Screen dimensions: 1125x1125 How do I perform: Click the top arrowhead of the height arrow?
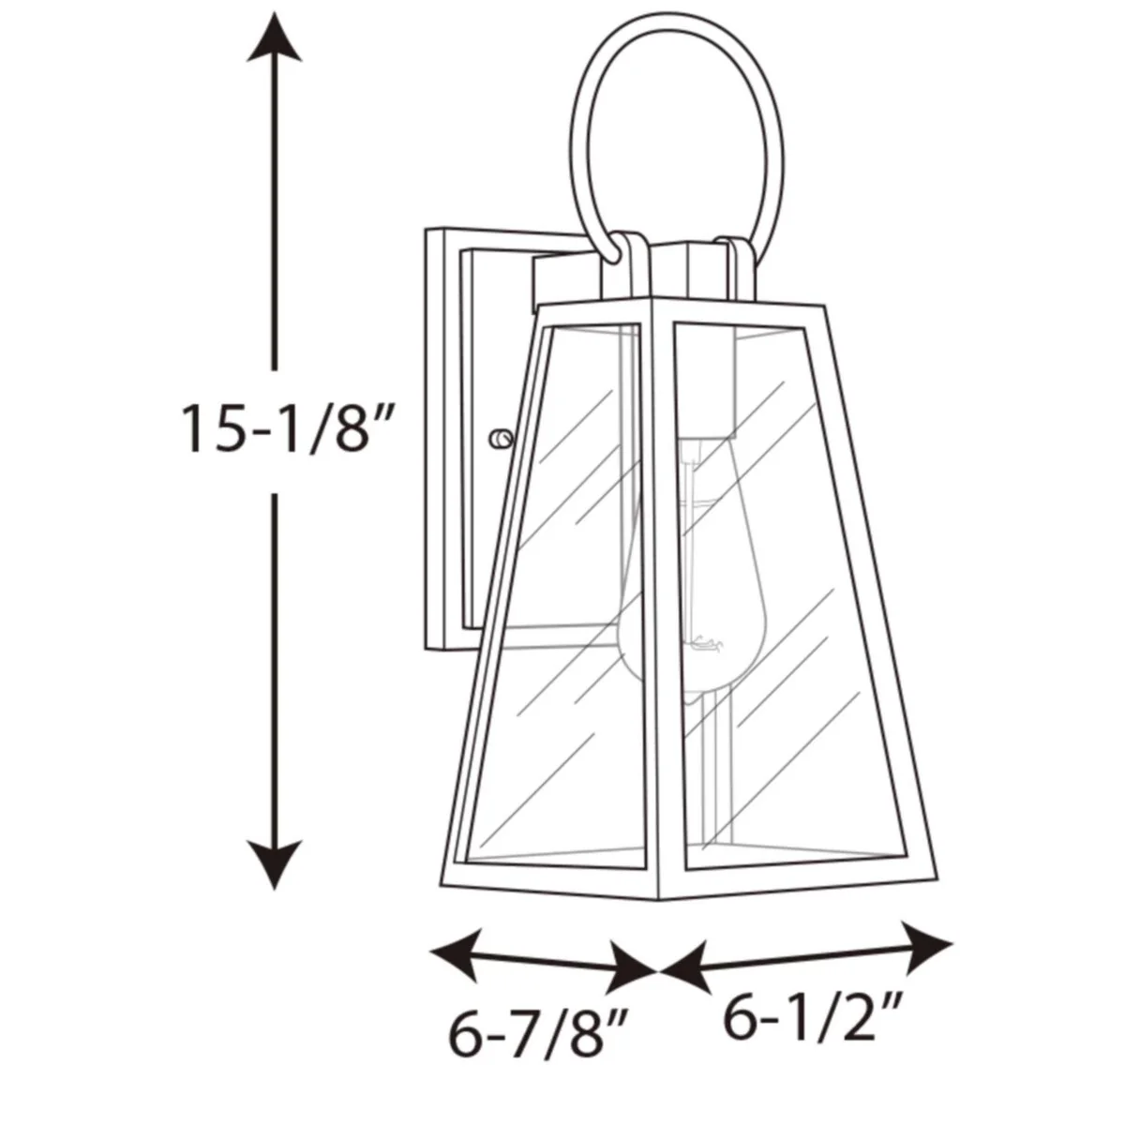[274, 37]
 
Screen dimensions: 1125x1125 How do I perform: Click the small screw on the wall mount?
[501, 439]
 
